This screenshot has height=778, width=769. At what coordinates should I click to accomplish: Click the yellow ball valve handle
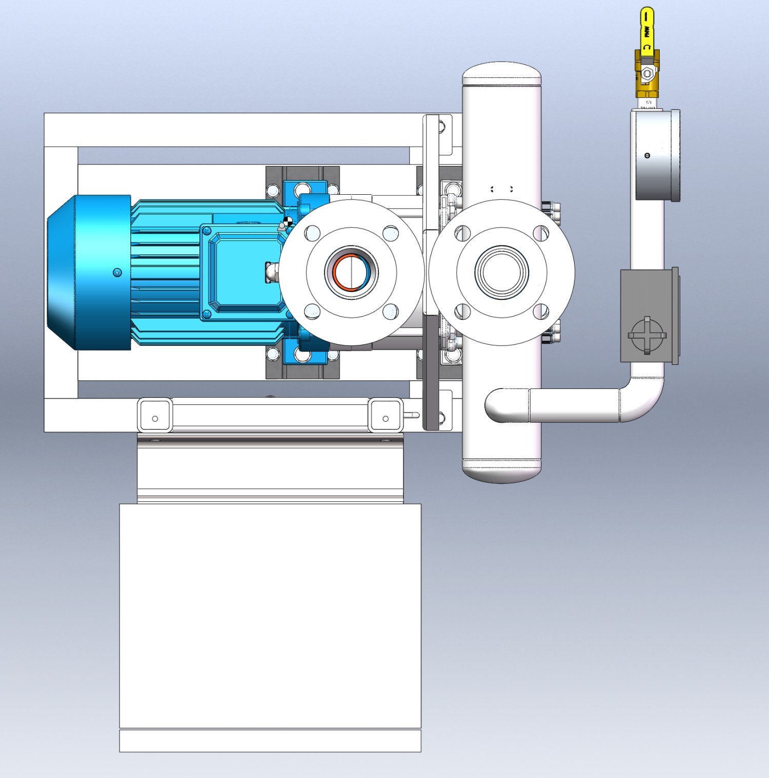[646, 28]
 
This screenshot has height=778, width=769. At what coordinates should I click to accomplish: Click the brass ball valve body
[647, 74]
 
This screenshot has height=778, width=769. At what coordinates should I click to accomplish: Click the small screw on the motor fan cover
[117, 272]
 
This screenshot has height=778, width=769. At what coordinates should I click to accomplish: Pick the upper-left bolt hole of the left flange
[312, 234]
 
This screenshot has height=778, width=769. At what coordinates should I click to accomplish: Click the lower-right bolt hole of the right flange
[541, 311]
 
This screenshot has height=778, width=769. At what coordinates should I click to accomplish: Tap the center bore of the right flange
[501, 272]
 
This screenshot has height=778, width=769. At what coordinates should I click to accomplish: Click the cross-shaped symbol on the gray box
[647, 336]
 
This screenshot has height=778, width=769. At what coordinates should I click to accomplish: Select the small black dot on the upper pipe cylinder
[647, 155]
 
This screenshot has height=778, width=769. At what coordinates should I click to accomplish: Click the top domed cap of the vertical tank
[501, 73]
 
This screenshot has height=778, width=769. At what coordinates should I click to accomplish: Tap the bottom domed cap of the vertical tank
[501, 472]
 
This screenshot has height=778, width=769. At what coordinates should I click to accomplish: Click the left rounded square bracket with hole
[155, 416]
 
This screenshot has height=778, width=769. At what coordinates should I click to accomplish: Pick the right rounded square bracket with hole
[385, 416]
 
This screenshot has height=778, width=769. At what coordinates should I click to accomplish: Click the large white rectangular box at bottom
[270, 615]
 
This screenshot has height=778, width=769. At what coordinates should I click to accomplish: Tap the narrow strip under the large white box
[270, 741]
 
